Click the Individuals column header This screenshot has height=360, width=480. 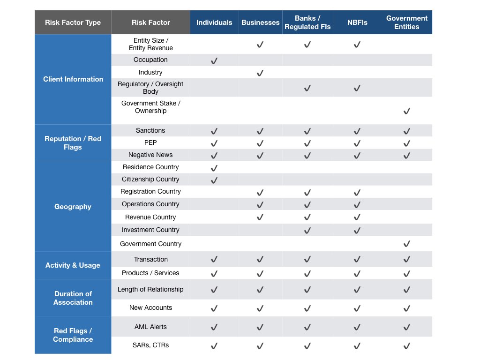(x=214, y=22)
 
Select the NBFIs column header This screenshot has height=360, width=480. (x=357, y=22)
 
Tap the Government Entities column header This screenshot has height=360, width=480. (x=406, y=22)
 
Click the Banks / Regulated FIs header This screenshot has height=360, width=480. (x=307, y=22)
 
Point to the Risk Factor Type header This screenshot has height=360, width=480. (x=73, y=22)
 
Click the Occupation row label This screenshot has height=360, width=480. (x=150, y=60)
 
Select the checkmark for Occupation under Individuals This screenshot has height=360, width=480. (x=214, y=61)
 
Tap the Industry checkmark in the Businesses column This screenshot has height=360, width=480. (x=260, y=73)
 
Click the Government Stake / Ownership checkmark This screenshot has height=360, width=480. (x=406, y=111)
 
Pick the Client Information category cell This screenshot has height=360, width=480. (x=73, y=79)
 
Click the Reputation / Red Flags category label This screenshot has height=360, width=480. (x=73, y=143)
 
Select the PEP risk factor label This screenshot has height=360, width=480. (x=150, y=142)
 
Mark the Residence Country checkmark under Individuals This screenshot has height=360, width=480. (x=214, y=168)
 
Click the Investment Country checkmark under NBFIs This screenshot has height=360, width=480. (x=357, y=230)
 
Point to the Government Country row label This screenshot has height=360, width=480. (x=150, y=244)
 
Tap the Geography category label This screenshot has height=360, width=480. (x=73, y=207)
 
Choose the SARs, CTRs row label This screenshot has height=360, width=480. (x=150, y=345)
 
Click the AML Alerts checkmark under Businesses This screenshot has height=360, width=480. (x=260, y=327)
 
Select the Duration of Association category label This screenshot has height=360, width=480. (x=73, y=298)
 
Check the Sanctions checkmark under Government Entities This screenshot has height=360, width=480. (x=406, y=131)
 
